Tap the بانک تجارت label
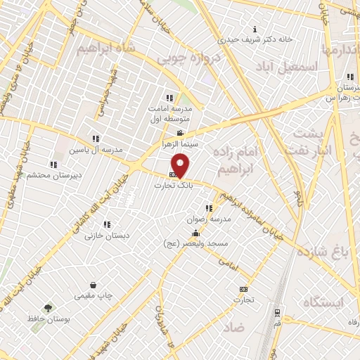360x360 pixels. pos(173,184)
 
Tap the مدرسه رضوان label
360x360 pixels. pos(204,219)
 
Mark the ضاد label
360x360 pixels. pos(234,328)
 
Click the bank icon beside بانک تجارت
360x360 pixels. pos(173,174)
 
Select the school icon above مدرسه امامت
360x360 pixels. pos(169,98)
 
